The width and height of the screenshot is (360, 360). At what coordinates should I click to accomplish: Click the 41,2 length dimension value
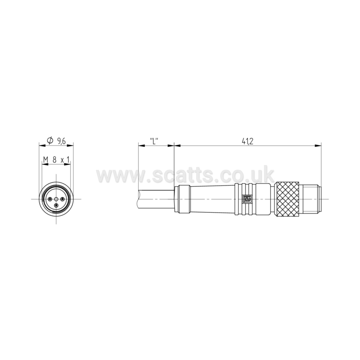click(x=247, y=141)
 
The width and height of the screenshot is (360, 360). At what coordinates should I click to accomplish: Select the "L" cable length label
click(x=154, y=141)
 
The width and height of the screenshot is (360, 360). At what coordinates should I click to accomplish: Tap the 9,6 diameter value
click(x=61, y=141)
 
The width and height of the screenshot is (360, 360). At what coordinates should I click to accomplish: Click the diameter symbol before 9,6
click(x=50, y=141)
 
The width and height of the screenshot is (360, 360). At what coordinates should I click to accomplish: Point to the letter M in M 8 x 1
click(x=46, y=159)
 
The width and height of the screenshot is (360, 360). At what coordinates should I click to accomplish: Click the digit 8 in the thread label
click(x=54, y=159)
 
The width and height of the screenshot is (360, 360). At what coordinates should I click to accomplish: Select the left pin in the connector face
click(x=50, y=199)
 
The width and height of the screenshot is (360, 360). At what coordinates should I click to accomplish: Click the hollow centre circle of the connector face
click(x=56, y=199)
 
